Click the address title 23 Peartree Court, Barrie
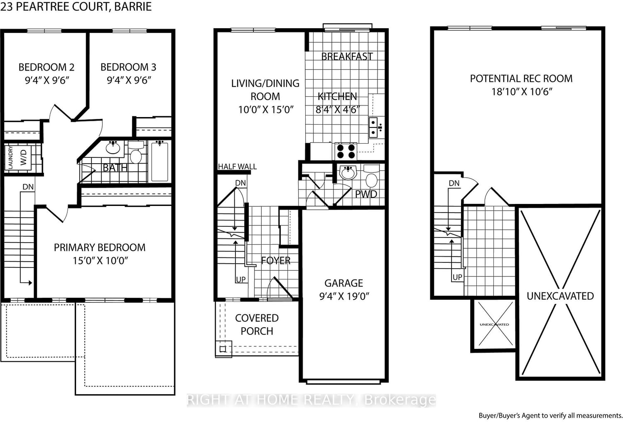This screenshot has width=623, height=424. coord(76,7)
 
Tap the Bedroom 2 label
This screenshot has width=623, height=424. coord(47,67)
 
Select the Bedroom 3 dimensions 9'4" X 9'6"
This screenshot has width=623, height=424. coord(129,80)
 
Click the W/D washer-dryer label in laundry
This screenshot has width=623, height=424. coord(23,157)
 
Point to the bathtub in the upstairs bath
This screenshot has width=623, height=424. coord(159,161)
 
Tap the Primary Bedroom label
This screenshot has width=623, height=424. coord(100,248)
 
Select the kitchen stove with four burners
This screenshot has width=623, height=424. coord(346,151)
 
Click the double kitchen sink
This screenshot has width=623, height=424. coord(373,127)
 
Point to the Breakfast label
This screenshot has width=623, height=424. coord(347,56)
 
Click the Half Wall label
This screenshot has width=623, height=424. coord(238,167)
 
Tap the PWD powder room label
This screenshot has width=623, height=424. coord(366,194)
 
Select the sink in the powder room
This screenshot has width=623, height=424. coord(348,172)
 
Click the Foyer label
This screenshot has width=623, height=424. coord(276,261)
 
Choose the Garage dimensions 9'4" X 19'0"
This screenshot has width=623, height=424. coord(344,296)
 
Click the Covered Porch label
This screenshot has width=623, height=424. coord(257,324)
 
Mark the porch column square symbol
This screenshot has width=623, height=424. coord(223,349)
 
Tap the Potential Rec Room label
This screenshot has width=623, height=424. coord(521,78)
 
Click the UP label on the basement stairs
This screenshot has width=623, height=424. coord(457,277)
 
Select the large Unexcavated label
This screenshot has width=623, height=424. coord(560,296)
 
